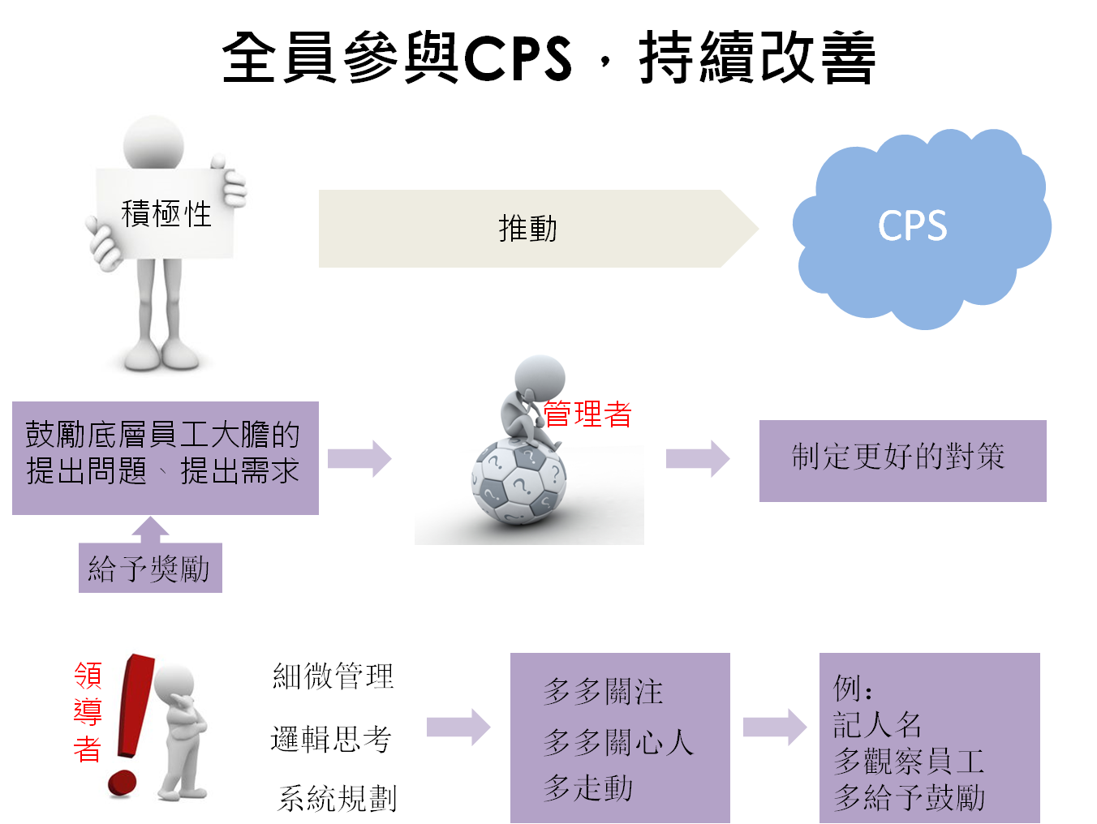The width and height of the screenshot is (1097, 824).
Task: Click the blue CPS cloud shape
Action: [x=917, y=227]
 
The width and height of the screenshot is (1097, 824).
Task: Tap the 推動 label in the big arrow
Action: [x=527, y=229]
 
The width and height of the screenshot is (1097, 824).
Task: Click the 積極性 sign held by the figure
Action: [x=166, y=214]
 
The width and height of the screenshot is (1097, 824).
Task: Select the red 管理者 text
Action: [x=587, y=414]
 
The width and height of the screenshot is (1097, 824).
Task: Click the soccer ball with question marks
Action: [x=519, y=483]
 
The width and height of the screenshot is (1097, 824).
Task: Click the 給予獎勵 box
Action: [x=150, y=569]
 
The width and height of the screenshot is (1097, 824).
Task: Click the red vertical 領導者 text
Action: [x=88, y=712]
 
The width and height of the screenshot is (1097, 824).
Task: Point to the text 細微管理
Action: [x=333, y=676]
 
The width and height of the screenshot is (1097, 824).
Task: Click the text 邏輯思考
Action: [x=331, y=739]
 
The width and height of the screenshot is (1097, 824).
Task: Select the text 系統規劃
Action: [x=338, y=799]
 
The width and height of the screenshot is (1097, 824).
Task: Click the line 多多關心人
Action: [x=618, y=741]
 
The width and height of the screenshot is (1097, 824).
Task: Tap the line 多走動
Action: [x=588, y=788]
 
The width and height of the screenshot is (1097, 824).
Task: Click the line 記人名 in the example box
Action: [x=877, y=724]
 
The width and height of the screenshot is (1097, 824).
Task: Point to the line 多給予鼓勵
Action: [x=910, y=798]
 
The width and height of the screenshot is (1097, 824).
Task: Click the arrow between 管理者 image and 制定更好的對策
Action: [x=698, y=458]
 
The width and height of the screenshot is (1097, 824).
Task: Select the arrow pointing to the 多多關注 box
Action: [x=458, y=726]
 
